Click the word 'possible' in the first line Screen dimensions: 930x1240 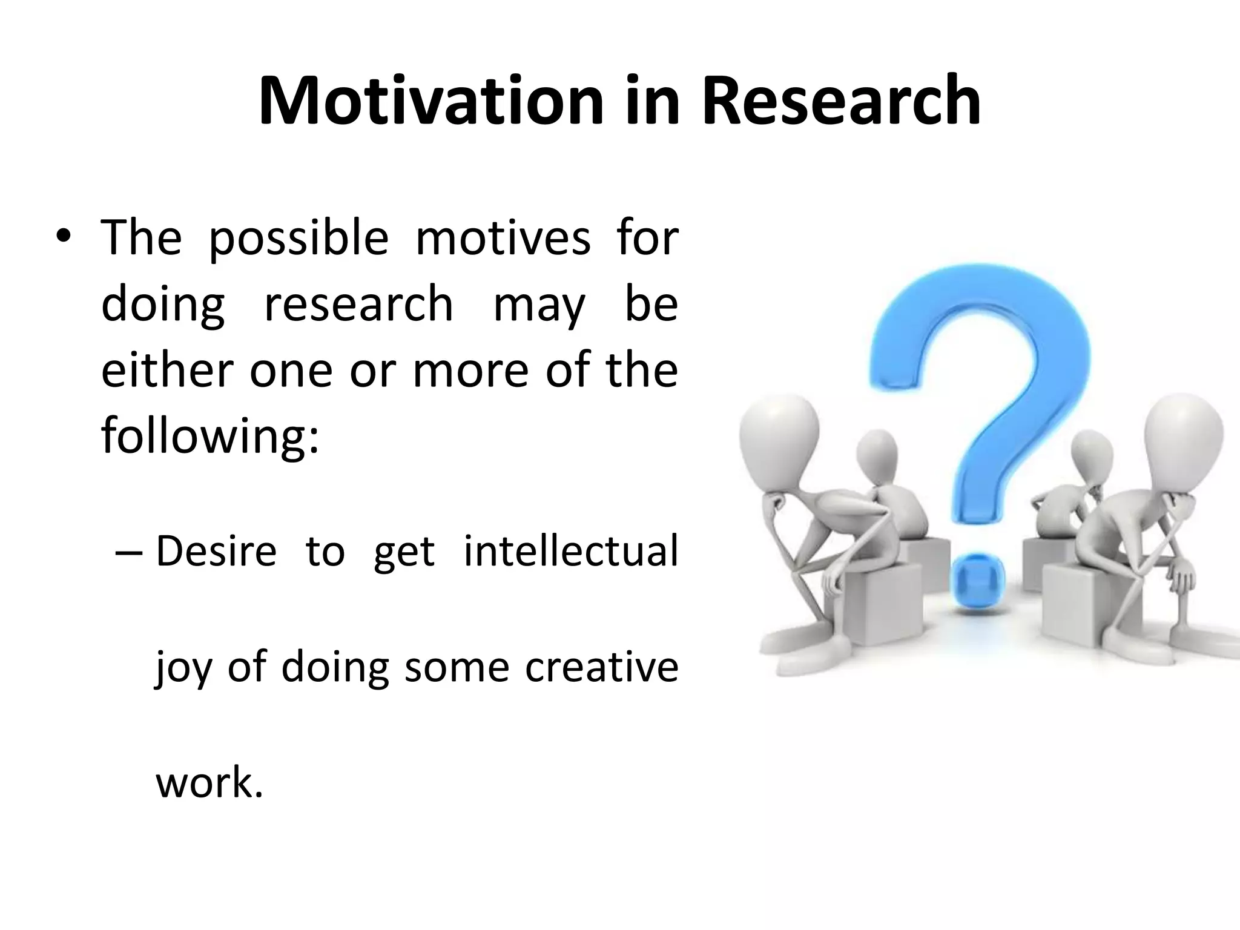pyautogui.click(x=298, y=238)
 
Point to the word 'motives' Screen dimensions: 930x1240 pyautogui.click(x=503, y=238)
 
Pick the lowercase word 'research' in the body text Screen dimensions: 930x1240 pyautogui.click(x=358, y=304)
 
